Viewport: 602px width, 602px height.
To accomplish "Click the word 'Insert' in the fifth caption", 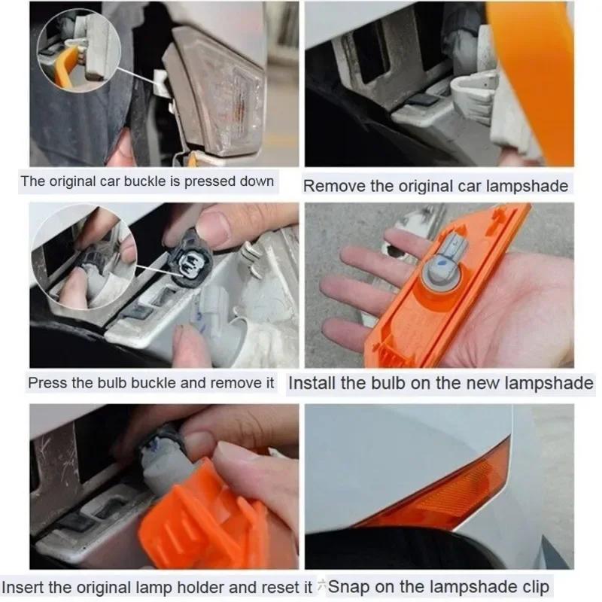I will coord(23,587).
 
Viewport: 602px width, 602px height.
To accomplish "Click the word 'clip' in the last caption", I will coord(534,587).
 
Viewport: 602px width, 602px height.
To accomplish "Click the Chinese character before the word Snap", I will coord(322,587).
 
